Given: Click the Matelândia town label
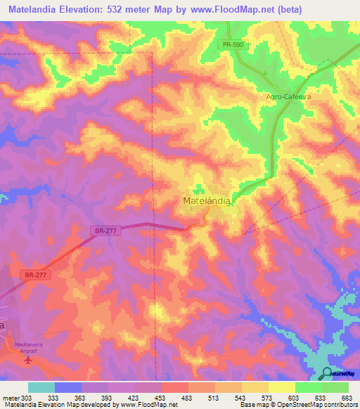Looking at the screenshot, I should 207,201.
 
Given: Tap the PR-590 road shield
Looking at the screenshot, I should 232,45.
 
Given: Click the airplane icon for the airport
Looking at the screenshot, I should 28,361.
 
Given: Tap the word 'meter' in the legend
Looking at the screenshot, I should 11,398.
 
